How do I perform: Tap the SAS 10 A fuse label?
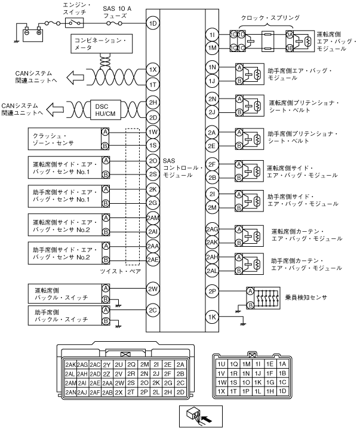click(117, 11)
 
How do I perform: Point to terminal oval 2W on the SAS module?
click(152, 290)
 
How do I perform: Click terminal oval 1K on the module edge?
click(211, 317)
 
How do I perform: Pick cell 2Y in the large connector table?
click(108, 364)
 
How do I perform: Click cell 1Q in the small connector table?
click(233, 363)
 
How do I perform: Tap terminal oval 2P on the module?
click(211, 291)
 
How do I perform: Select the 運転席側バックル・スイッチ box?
click(64, 292)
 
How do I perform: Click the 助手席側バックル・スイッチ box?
click(64, 315)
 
